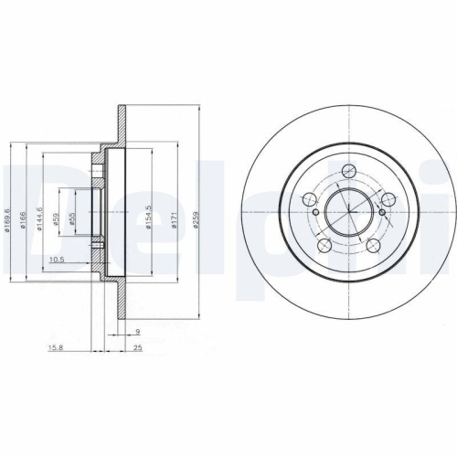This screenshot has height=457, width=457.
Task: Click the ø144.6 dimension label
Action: pyautogui.click(x=38, y=219)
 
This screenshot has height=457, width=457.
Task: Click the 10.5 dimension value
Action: pyautogui.click(x=56, y=260)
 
